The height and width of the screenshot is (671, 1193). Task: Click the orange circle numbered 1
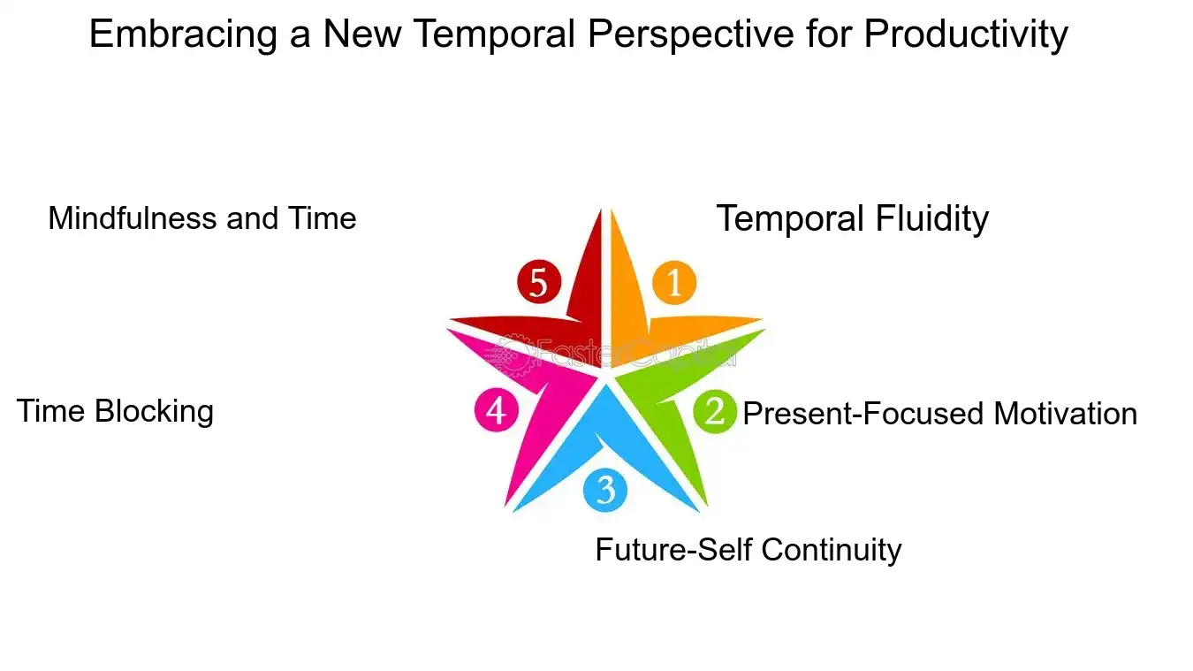tap(674, 283)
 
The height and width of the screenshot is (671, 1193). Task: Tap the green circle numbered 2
tap(715, 412)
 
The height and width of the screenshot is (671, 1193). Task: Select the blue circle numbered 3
tap(605, 490)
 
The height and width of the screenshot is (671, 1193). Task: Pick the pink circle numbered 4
tap(496, 411)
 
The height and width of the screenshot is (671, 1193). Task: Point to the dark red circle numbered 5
tap(539, 283)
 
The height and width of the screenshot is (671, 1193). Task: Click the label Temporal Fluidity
tap(852, 218)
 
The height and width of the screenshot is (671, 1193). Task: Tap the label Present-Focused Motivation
tap(939, 414)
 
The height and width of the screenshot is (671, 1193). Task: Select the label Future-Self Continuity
tap(748, 550)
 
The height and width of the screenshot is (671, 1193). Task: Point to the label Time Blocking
tap(115, 411)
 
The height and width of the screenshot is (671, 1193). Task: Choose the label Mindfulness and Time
tap(201, 218)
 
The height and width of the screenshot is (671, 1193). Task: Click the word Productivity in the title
tap(965, 34)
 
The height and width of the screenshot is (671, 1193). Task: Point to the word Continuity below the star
tap(831, 550)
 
